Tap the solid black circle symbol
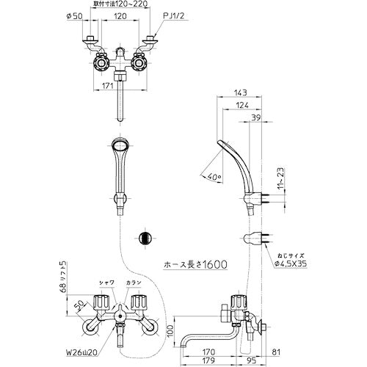[145, 239]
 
